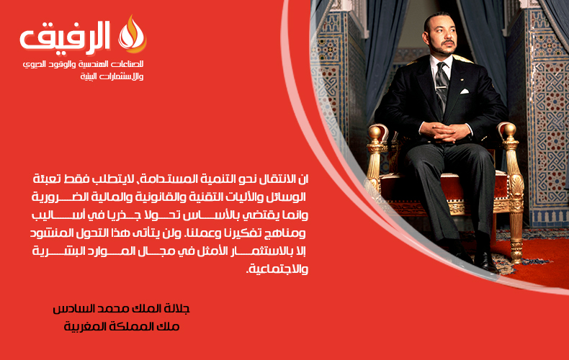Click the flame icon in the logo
[132, 34]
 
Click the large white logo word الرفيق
[65, 36]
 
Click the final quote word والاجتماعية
[277, 269]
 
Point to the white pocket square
[465, 91]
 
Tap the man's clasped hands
[445, 131]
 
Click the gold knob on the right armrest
[509, 130]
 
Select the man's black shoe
[485, 260]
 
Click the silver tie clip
[442, 87]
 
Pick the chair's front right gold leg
[515, 233]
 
